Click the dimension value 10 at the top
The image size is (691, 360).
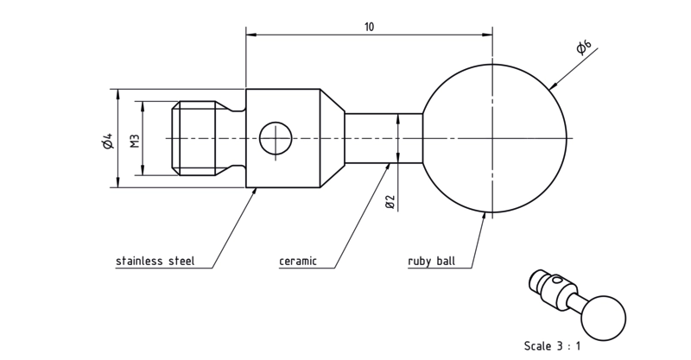[x=369, y=27]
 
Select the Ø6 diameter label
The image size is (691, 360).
[x=584, y=47]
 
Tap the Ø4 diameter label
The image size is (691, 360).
[x=109, y=140]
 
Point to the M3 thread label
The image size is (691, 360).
[x=135, y=141]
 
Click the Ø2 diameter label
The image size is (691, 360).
[x=390, y=202]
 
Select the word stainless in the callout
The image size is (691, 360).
[x=139, y=261]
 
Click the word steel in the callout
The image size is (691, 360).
[x=182, y=261]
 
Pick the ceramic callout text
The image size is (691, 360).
[x=298, y=262]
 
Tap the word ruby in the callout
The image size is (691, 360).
[x=420, y=262]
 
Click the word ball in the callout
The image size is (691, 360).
[x=446, y=261]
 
